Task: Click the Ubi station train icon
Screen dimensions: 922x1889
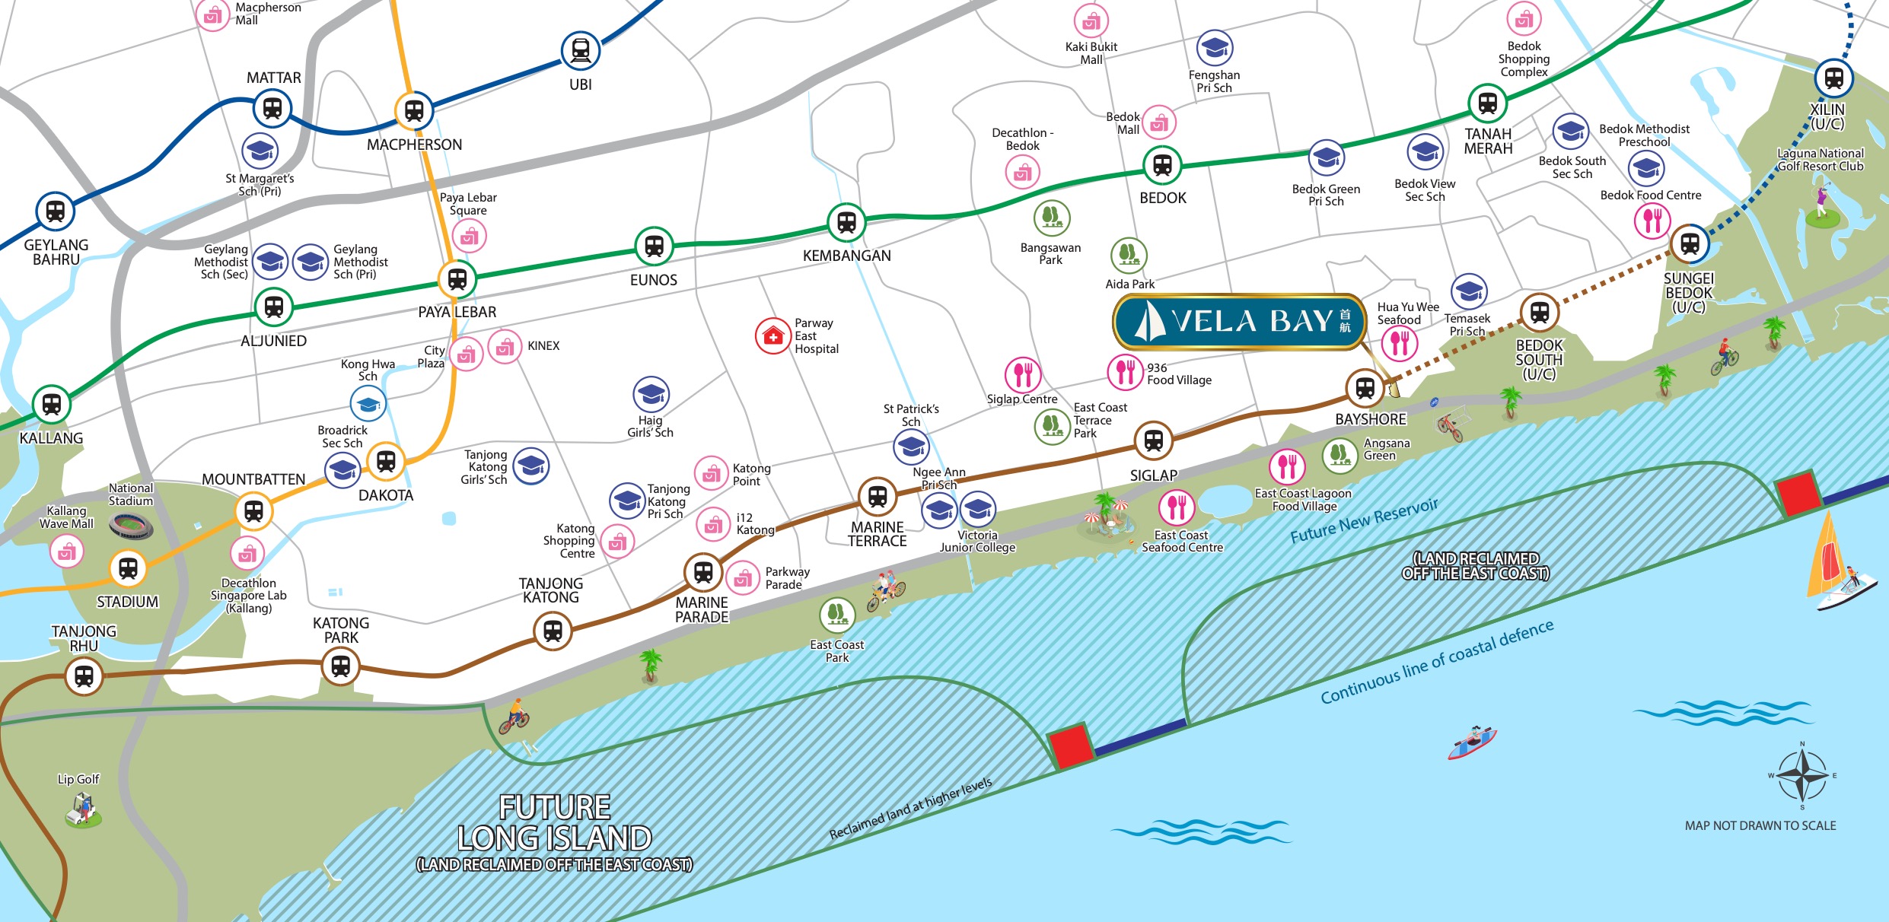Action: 581,50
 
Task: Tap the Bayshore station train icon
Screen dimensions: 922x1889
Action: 1365,388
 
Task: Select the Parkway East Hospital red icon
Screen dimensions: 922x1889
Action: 772,336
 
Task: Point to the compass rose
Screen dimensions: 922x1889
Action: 1801,775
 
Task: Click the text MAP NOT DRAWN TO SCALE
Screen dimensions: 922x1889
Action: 1760,825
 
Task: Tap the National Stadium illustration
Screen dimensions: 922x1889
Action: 130,524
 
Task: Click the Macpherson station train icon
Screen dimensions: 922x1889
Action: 414,111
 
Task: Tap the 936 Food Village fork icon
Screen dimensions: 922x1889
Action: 1125,372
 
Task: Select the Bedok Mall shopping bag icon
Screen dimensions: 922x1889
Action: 1159,122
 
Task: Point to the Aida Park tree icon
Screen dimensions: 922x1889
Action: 1129,255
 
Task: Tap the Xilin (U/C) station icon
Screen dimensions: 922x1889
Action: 1833,78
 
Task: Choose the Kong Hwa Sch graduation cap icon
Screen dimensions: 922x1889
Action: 368,404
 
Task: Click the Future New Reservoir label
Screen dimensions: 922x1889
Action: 1364,521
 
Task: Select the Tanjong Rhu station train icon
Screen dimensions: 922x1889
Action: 84,676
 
